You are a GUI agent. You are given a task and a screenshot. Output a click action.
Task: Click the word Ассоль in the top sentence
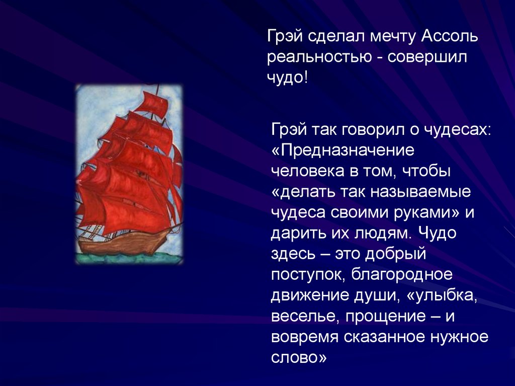click(449, 36)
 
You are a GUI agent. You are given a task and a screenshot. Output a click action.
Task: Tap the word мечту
click(393, 37)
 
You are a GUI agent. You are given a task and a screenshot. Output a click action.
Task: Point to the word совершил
click(427, 57)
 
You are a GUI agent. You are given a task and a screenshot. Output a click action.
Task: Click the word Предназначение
click(343, 150)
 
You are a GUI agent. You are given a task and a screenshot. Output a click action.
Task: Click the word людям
click(382, 233)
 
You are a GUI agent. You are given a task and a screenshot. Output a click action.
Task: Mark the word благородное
click(402, 275)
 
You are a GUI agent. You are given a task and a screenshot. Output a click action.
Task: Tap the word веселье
click(305, 316)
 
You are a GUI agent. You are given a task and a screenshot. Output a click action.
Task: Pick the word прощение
click(385, 317)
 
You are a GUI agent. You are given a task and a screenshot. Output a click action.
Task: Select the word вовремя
click(304, 337)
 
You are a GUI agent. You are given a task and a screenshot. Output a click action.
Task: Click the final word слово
click(299, 358)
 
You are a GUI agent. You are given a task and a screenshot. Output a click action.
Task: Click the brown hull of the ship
click(125, 243)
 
